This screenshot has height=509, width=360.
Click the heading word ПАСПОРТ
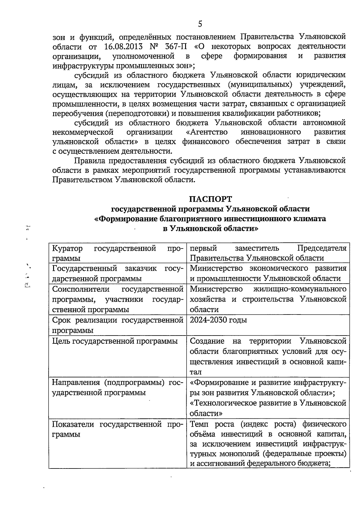[x=210, y=199]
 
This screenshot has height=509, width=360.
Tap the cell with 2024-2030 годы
[x=218, y=320]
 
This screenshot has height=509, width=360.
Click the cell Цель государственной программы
[x=115, y=341]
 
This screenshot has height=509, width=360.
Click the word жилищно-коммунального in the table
[x=300, y=289]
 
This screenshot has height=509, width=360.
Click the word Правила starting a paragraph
[x=89, y=161]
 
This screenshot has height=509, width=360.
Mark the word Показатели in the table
[x=74, y=424]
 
